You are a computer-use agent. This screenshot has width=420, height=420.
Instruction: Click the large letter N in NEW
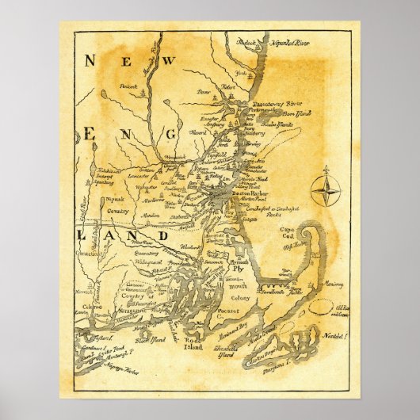coord(90,59)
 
